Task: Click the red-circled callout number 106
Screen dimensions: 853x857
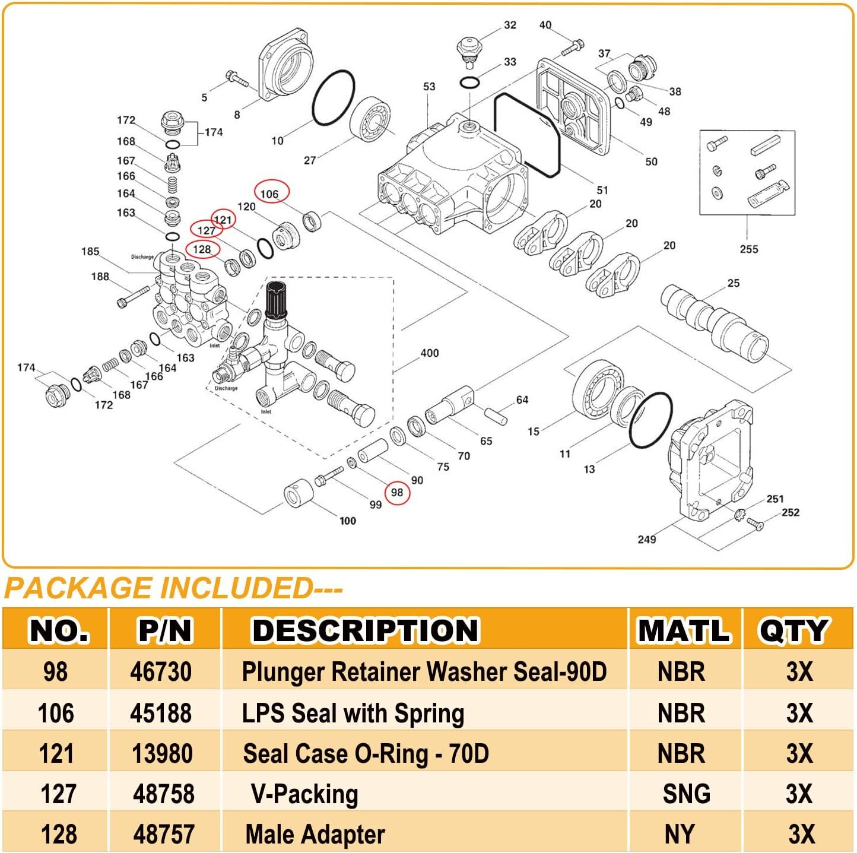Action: [x=271, y=194]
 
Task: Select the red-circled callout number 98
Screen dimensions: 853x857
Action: [x=397, y=493]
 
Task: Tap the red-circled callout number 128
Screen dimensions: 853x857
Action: [x=202, y=249]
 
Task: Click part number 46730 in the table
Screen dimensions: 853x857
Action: [x=161, y=672]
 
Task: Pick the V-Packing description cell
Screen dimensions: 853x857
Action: [x=304, y=794]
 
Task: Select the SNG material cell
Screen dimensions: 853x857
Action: [x=686, y=794]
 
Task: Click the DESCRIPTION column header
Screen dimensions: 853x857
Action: [x=365, y=630]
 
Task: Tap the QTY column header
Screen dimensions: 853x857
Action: [x=793, y=630]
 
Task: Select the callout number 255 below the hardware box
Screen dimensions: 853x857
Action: [x=748, y=249]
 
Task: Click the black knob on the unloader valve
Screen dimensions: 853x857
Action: [x=276, y=300]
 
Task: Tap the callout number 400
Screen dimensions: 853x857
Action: [x=429, y=353]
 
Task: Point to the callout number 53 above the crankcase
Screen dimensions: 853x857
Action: [x=429, y=87]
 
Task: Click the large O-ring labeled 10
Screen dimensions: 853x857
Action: [x=334, y=98]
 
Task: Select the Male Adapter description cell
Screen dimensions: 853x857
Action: [x=315, y=834]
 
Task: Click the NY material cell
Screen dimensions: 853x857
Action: [x=680, y=834]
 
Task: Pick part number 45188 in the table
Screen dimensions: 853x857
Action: [x=161, y=713]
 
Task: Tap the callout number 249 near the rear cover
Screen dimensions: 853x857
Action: [x=646, y=539]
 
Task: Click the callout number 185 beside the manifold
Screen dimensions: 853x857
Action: [x=90, y=252]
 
